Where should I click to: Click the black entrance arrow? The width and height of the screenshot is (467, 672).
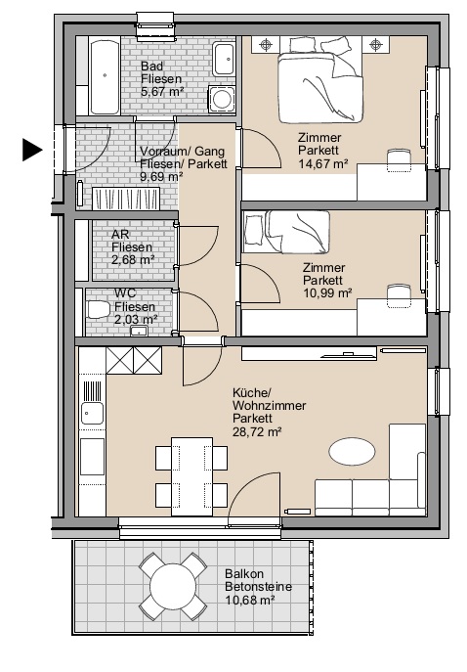32,150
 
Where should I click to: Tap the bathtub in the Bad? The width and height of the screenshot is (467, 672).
105,77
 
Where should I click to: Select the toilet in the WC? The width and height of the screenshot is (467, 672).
98,309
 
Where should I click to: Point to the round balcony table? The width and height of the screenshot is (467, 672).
173,585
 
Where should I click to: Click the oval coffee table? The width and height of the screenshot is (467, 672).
353,451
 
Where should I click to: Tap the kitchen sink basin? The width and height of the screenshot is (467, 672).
92,413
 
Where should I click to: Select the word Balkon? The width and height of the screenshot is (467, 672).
244,574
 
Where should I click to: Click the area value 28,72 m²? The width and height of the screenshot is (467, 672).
257,431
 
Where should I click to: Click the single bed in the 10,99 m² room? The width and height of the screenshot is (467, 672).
286,232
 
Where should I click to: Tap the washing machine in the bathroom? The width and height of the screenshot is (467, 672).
222,99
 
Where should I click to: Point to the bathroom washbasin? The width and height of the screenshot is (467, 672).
225,59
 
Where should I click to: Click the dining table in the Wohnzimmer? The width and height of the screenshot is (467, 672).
191,476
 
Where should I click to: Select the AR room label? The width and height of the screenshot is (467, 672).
120,235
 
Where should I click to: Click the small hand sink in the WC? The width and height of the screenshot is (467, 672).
139,331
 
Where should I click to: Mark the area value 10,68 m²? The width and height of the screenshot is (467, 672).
250,600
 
